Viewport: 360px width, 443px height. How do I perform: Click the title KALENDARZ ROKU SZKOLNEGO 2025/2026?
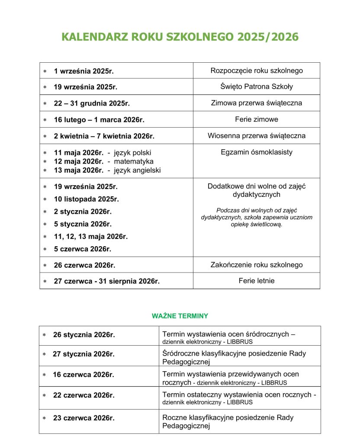[x=180, y=37]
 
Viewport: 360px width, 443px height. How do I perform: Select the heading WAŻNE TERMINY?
[x=180, y=316]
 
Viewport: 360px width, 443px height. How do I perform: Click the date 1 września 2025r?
[x=84, y=71]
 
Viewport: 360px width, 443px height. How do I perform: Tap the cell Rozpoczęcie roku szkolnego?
[x=257, y=71]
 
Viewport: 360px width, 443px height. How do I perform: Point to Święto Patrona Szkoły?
[x=257, y=87]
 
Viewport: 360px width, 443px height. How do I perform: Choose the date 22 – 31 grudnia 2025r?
[x=92, y=103]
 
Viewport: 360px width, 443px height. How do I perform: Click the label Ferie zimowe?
[x=257, y=119]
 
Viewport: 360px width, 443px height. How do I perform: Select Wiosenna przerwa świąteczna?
[x=257, y=135]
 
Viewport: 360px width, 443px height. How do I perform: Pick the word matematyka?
[x=134, y=161]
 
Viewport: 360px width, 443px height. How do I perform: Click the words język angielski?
[x=137, y=170]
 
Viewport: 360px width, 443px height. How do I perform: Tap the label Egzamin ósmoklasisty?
[x=257, y=152]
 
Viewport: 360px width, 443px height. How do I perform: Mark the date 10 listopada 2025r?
[x=86, y=199]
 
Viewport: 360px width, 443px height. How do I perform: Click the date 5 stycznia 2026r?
[x=83, y=224]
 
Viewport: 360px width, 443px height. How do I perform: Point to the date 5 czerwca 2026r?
[x=83, y=249]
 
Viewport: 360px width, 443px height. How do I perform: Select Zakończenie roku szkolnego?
[x=257, y=265]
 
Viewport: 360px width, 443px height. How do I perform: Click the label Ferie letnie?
[x=257, y=281]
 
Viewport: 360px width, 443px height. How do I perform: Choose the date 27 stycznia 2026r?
[x=84, y=354]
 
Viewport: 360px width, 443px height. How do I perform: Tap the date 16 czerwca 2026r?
[x=84, y=375]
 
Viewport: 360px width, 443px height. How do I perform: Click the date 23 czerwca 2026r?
[x=84, y=418]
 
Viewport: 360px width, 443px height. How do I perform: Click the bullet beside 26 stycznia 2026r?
[x=44, y=335]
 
